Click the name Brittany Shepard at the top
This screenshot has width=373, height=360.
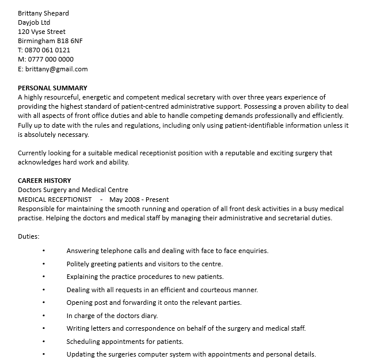[43, 13]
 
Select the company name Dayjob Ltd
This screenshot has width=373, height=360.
[34, 22]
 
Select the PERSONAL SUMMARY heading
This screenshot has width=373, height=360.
[52, 88]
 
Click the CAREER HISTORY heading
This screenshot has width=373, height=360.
[44, 181]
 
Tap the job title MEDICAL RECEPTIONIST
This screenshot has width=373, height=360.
[55, 200]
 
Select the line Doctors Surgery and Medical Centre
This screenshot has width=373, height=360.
[73, 190]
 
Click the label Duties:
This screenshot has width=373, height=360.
[28, 236]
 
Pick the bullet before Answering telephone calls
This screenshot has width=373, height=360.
[43, 251]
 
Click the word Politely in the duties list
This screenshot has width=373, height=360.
[79, 264]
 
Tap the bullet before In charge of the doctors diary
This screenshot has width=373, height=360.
[43, 316]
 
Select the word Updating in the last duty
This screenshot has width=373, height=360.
[81, 354]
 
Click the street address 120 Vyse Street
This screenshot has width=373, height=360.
[41, 32]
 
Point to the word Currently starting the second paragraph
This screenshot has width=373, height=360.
[34, 153]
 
